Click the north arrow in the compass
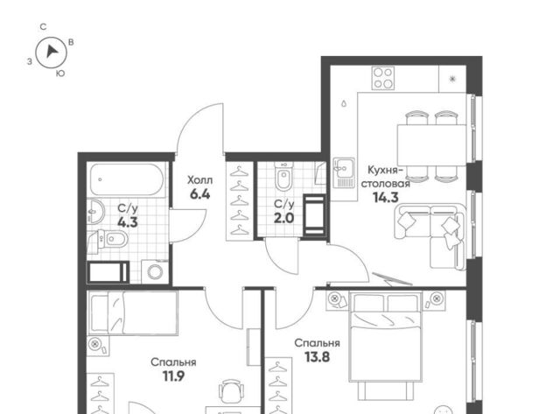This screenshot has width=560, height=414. [x=52, y=52]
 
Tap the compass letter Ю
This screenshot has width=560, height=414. [x=60, y=74]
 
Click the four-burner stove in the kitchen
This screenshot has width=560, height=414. [x=383, y=78]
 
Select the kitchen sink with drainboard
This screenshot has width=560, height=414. [x=344, y=172]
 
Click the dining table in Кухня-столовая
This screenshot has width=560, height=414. [x=431, y=144]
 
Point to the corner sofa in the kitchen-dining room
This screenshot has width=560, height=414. [x=430, y=235]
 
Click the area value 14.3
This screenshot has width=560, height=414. [x=385, y=197]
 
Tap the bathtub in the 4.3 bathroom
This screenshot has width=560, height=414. [x=126, y=179]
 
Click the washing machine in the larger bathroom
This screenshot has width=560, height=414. [x=155, y=271]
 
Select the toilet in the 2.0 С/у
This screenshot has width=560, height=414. [x=283, y=177]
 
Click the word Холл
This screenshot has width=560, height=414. [x=200, y=180]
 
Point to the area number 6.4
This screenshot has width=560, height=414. [x=200, y=194]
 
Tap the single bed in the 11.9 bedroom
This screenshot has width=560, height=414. [x=132, y=313]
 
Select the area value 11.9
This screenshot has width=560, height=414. [x=173, y=376]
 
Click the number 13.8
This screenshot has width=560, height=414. [x=317, y=357]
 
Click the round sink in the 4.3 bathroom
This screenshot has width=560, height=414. [x=95, y=211]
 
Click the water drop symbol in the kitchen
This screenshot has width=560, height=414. [x=344, y=103]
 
